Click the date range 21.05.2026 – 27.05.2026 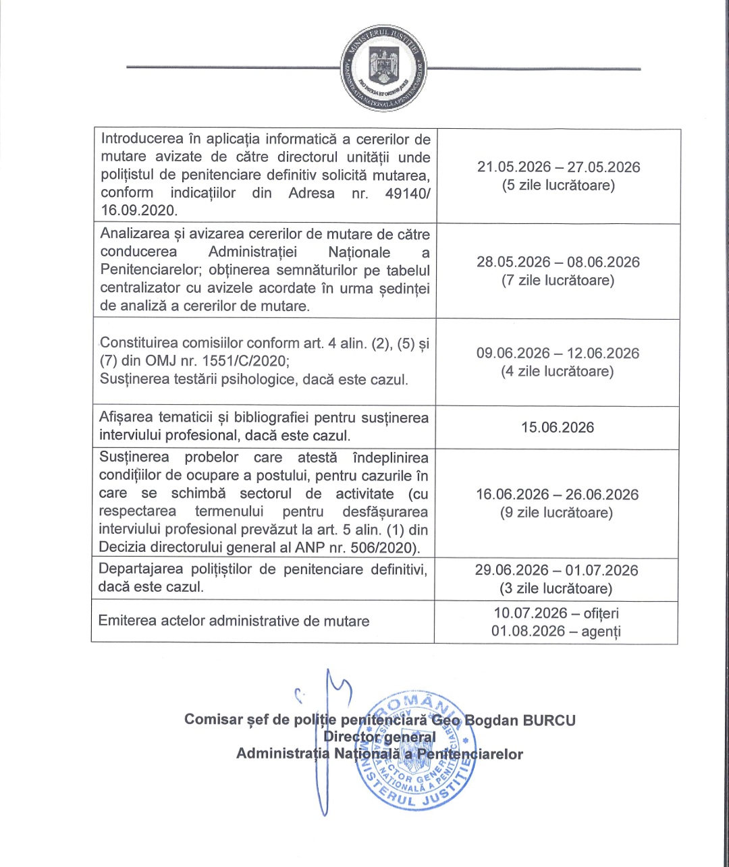coord(558,167)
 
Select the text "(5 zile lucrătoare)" coord(558,186)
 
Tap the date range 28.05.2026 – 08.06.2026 coord(558,262)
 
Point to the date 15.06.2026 coord(558,428)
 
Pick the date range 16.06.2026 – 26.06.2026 coord(557,495)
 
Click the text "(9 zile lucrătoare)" coord(557,513)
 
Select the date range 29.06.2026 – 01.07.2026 coord(556,571)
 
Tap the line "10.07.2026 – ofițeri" coord(556,613)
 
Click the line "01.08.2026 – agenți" coord(556,632)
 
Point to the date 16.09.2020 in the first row coord(138,211)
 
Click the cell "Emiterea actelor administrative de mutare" coord(234,621)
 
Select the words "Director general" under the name coord(379,737)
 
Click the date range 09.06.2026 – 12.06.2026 coord(558,354)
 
